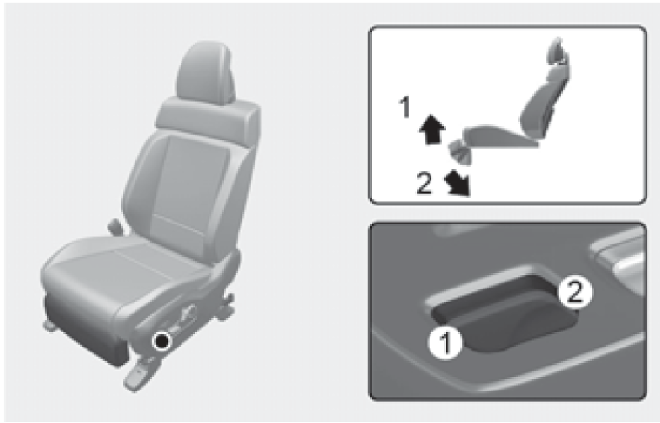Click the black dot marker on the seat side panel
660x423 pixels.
pos(162,341)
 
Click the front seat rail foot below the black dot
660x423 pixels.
pos(138,374)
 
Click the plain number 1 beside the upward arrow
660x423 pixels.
pos(405,108)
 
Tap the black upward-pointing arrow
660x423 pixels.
pos(432,129)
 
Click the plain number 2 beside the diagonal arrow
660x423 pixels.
pos(424,183)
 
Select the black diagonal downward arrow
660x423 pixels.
pos(458,184)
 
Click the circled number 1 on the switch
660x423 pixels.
pos(446,343)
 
